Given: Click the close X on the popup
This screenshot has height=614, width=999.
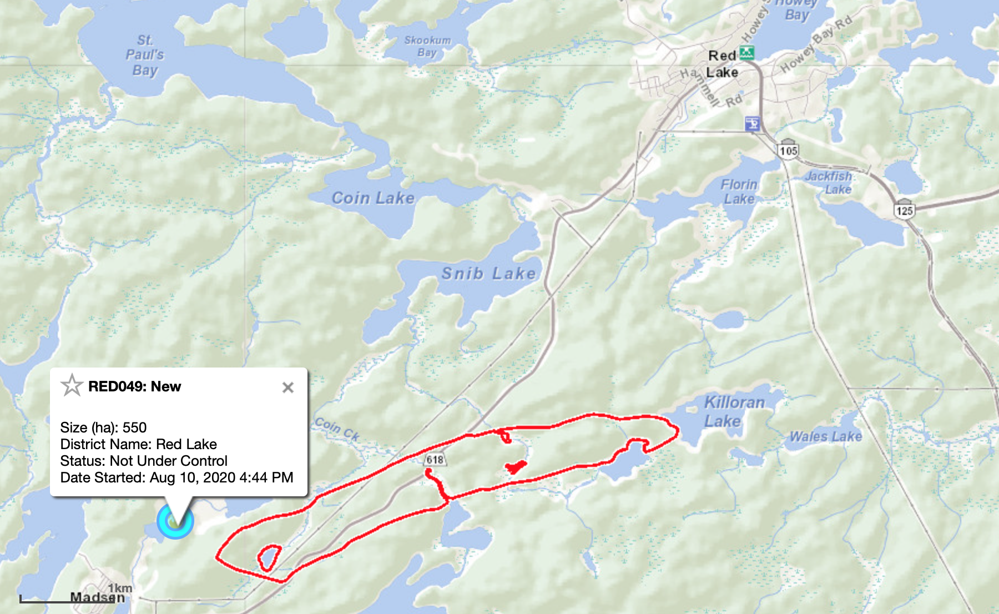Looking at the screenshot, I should click(287, 387).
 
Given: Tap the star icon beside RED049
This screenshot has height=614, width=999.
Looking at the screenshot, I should click(72, 385).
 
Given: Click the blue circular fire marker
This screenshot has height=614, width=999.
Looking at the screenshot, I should click(175, 522).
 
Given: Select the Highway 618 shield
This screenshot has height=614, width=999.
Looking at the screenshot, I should click(435, 460).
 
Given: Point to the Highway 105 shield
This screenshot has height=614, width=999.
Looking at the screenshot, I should click(788, 150).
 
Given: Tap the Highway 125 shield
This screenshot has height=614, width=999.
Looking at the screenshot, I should click(904, 210).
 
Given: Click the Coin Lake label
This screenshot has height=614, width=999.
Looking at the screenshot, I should click(373, 198).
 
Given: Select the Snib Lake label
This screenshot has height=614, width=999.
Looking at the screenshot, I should click(488, 273).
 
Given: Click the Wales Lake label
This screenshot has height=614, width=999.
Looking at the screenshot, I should click(826, 437).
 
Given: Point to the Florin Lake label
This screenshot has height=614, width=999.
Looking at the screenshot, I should click(739, 192).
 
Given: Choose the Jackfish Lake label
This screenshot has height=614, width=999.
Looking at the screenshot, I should click(829, 183).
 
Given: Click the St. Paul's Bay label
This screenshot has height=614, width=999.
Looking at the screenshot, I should click(145, 55).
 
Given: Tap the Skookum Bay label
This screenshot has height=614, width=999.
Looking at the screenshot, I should click(427, 46).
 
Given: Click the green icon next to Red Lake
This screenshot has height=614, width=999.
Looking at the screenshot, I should click(747, 53).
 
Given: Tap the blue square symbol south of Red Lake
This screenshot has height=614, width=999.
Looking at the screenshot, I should click(752, 123).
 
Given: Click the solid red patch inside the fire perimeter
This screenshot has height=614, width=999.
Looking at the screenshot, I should click(516, 467).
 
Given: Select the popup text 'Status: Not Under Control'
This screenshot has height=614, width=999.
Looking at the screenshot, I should click(144, 461).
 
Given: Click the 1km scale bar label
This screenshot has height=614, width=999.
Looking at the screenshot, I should click(120, 588).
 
